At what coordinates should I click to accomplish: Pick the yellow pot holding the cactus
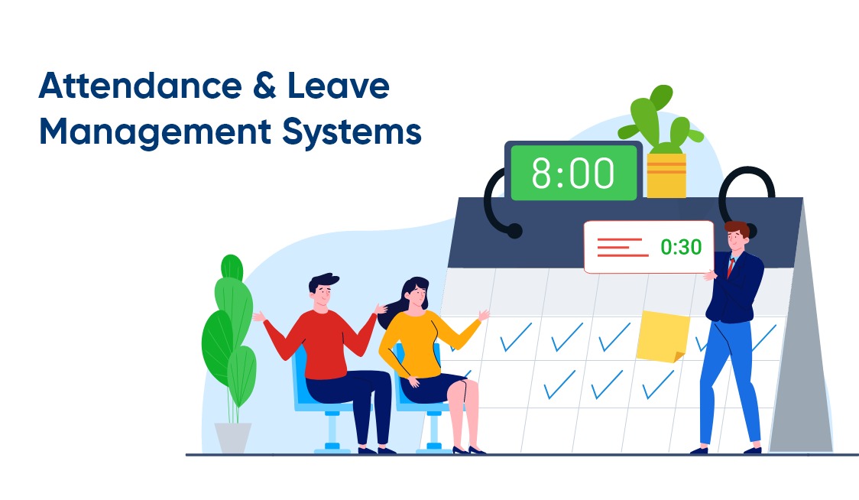[666, 175]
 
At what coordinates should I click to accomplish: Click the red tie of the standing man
[731, 268]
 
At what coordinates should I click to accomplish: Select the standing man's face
[735, 239]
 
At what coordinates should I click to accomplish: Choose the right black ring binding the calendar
[745, 191]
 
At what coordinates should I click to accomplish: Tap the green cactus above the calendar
[660, 122]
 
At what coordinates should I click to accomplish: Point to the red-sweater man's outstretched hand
[259, 316]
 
